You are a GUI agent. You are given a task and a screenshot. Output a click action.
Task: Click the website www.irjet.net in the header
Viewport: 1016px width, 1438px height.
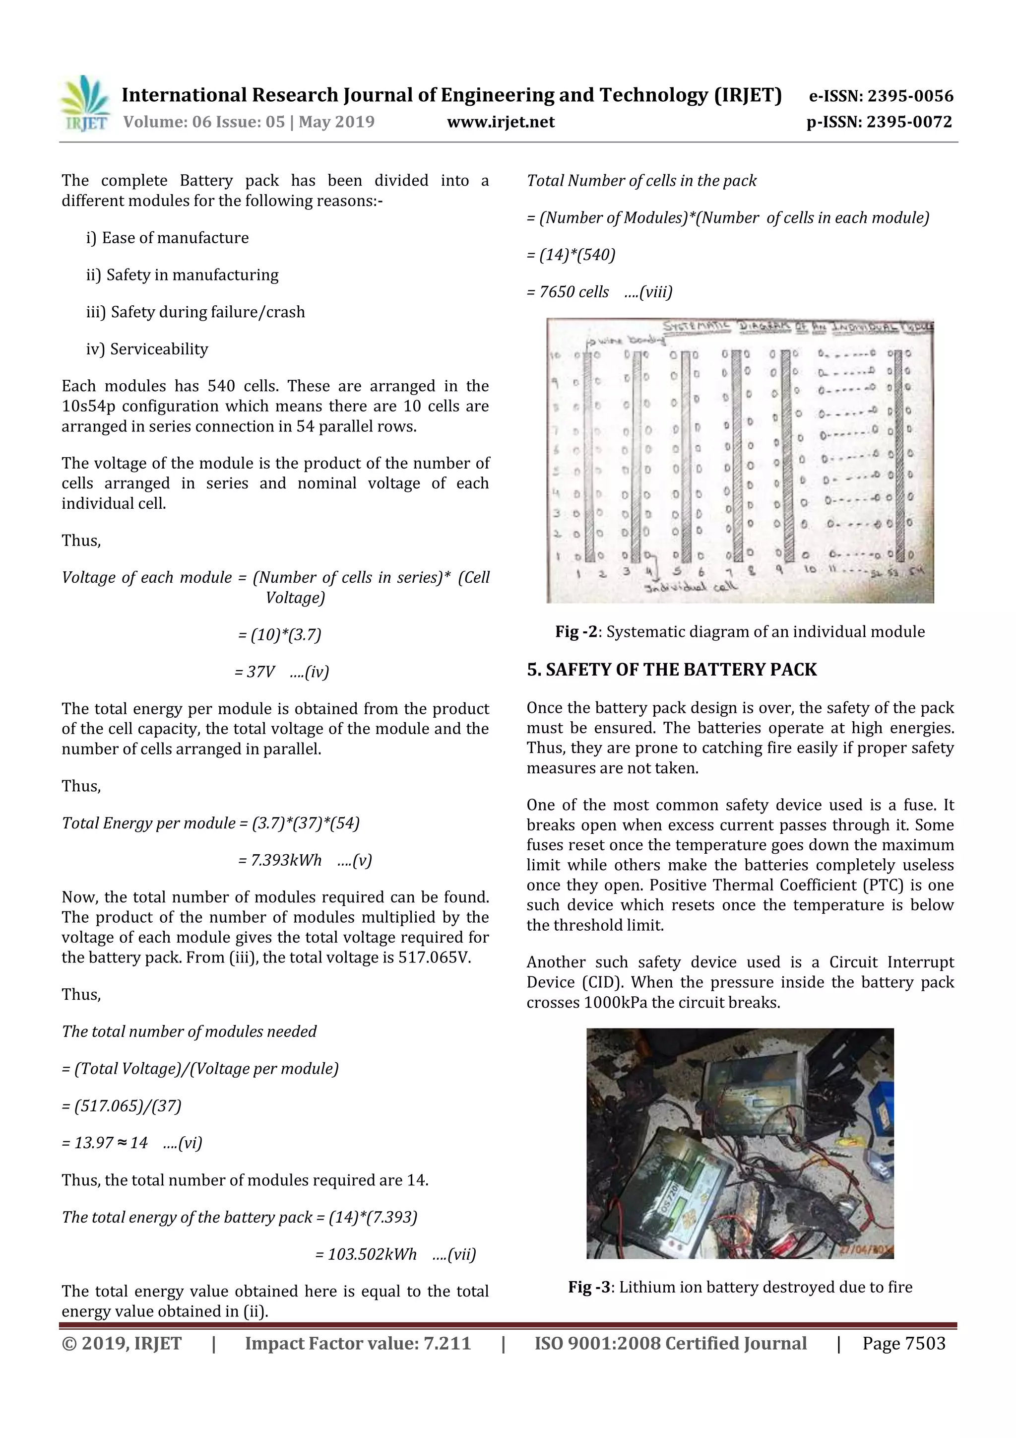[x=501, y=122]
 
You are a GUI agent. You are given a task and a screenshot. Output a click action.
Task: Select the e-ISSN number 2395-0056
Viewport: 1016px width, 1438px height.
[x=910, y=96]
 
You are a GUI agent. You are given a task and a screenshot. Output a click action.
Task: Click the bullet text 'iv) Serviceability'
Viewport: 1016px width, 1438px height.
[x=147, y=349]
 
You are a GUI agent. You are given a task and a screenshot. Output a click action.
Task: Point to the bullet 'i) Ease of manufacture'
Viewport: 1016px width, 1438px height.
[x=167, y=238]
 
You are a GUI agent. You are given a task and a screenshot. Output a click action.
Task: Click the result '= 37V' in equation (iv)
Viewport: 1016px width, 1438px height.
[x=255, y=672]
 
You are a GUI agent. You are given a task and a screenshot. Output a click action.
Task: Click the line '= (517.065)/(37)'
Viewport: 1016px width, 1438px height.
[x=122, y=1106]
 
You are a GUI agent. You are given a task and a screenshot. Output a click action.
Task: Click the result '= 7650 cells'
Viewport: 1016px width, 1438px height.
[x=568, y=292]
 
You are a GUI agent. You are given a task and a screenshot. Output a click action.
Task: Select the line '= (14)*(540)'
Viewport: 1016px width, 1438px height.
[x=571, y=255]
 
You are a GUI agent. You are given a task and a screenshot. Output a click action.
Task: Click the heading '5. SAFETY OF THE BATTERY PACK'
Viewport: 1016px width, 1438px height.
[x=672, y=670]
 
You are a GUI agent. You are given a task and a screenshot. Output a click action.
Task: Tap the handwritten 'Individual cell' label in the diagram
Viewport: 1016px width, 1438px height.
[x=691, y=587]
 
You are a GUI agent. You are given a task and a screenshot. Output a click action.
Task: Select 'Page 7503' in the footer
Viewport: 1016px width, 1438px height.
[x=904, y=1343]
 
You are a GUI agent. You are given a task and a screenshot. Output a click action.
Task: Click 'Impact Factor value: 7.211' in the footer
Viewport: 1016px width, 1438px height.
[x=358, y=1343]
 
